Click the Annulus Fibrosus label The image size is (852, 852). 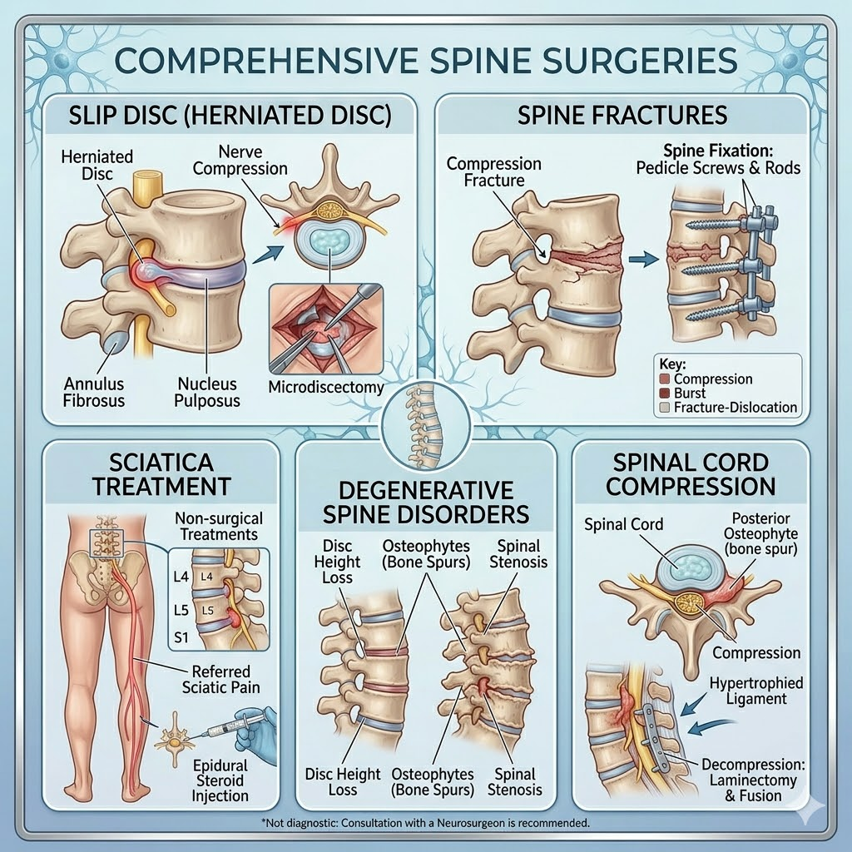[94, 392]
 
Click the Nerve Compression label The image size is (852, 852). [253, 160]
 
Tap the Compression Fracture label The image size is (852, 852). [494, 172]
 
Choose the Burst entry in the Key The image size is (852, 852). [691, 394]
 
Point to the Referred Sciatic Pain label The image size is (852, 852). [220, 680]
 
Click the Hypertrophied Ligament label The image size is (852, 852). [756, 691]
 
